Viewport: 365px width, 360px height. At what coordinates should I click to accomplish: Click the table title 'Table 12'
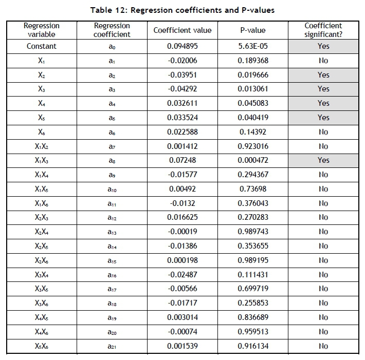(182, 10)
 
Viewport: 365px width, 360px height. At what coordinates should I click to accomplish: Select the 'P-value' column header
(253, 30)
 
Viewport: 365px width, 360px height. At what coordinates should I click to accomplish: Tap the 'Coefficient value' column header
(182, 30)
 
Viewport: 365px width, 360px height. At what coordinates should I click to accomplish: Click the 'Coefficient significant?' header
(323, 30)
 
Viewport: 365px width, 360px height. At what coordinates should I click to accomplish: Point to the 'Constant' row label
(42, 46)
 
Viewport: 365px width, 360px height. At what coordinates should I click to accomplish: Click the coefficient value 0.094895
(182, 46)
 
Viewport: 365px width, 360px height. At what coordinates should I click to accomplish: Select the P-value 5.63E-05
(253, 46)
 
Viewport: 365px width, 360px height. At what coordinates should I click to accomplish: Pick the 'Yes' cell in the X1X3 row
(323, 160)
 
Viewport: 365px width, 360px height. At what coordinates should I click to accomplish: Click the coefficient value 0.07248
(182, 160)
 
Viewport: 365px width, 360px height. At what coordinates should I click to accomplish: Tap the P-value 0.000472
(253, 160)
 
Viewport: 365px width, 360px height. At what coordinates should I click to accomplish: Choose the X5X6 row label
(42, 346)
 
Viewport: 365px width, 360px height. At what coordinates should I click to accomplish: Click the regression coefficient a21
(112, 346)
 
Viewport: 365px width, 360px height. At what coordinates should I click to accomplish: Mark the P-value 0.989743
(253, 232)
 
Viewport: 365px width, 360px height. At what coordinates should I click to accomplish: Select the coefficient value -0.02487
(182, 275)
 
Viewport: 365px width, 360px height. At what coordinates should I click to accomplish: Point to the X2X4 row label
(42, 232)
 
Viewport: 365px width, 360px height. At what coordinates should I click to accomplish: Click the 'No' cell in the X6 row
(323, 132)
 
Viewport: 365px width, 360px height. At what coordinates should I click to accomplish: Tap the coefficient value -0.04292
(182, 89)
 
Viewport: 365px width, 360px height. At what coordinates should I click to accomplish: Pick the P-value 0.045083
(253, 103)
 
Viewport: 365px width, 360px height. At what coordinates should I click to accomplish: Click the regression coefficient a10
(112, 189)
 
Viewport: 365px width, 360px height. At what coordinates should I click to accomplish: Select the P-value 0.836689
(253, 317)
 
